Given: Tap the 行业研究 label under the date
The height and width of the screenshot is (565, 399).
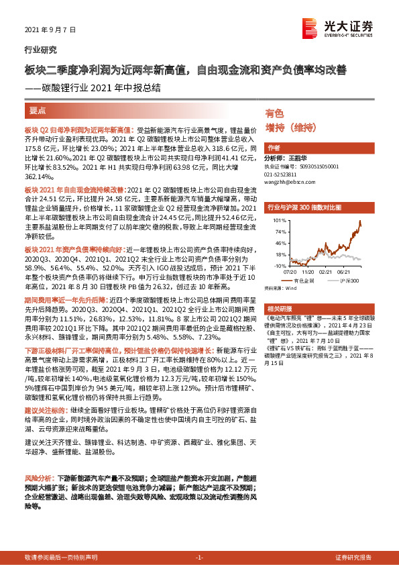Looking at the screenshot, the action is coord(41,50).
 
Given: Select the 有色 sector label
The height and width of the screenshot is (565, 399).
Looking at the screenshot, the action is coord(274,113).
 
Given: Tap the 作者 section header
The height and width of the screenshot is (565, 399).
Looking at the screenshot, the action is coord(274,148).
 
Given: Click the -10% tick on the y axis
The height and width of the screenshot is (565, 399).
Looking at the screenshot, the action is coord(277,266).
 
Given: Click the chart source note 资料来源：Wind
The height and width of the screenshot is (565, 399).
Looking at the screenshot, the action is coord(280,289).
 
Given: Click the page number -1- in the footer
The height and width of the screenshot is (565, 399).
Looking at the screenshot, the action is coord(198,558).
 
